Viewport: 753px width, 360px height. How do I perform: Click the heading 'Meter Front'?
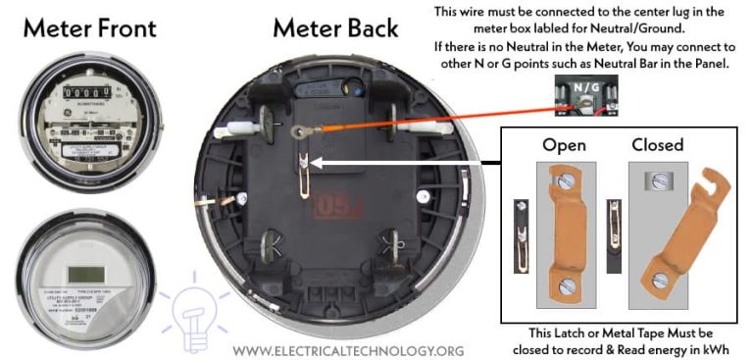click(x=89, y=27)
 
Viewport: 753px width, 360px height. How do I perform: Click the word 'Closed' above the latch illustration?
click(x=657, y=144)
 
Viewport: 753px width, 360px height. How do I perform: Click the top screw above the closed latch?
click(x=655, y=181)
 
